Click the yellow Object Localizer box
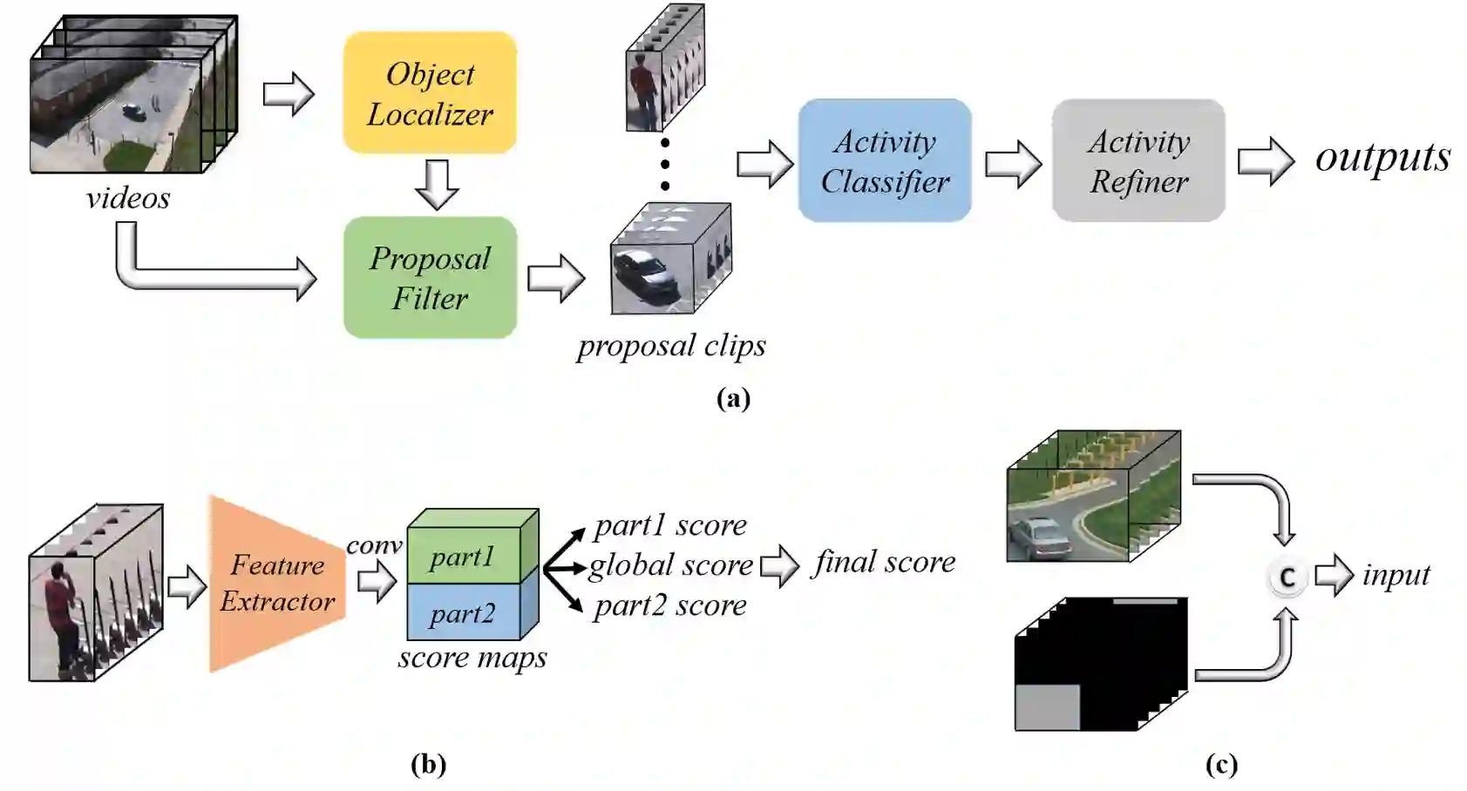point(430,93)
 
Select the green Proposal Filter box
point(430,278)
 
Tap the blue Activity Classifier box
point(885,161)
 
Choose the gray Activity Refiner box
point(1138,161)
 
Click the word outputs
point(1382,157)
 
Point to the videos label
point(128,199)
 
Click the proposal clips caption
point(671,346)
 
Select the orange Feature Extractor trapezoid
point(277,584)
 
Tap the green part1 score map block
point(463,557)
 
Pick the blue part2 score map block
point(463,613)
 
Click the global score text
point(670,565)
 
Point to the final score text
point(884,562)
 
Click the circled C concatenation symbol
point(1287,578)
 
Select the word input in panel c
point(1396,575)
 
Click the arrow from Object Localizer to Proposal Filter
point(436,185)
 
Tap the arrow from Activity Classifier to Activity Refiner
point(1013,163)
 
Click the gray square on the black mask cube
point(1048,706)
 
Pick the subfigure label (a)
point(733,398)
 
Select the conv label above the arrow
point(374,545)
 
